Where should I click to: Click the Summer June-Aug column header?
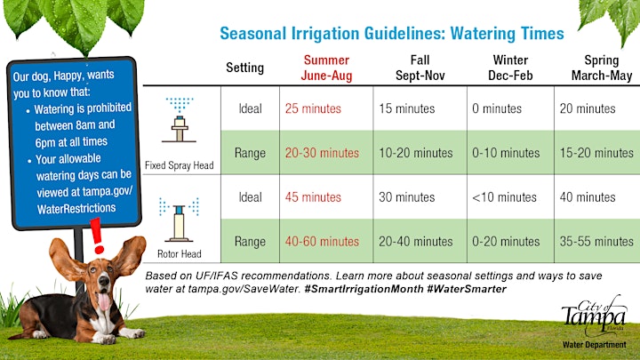tap(326, 68)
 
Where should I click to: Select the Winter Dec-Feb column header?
tap(510, 68)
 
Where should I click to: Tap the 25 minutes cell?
tap(313, 108)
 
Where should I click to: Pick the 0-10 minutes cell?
tap(506, 153)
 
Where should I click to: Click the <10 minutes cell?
tap(504, 197)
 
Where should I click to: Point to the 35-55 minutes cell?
tap(596, 241)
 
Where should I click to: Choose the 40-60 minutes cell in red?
tap(322, 241)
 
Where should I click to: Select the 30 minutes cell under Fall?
tap(406, 197)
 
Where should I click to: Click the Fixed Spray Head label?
tap(180, 165)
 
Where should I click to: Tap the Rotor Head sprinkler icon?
tap(179, 220)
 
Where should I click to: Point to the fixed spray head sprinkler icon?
tap(180, 120)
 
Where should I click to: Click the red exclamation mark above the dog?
tap(97, 236)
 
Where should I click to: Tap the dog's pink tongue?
tap(105, 301)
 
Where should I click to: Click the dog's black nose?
tap(104, 281)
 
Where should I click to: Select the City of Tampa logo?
tap(594, 316)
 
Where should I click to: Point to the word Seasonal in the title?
tap(253, 34)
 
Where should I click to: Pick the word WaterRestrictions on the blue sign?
tap(76, 209)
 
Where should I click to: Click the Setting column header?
tap(245, 68)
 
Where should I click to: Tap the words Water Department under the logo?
tap(594, 345)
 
